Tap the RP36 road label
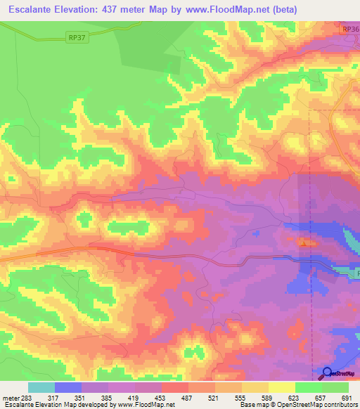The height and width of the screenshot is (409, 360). (350, 30)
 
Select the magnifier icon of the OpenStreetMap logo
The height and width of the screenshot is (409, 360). (327, 373)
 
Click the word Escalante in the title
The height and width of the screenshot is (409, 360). (34, 10)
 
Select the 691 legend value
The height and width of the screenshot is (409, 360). (345, 398)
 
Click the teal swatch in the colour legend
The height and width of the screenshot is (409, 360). (41, 387)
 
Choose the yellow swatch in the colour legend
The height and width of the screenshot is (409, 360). (281, 387)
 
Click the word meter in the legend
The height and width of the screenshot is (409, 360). (10, 398)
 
